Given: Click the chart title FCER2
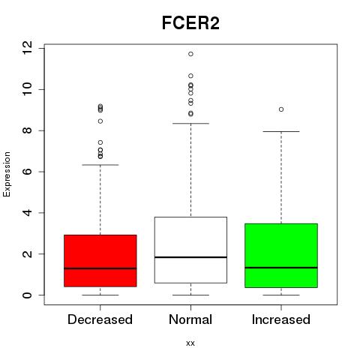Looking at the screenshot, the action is [190, 23].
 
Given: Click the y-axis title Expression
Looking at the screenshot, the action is [7, 174].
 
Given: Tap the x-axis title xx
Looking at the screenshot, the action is [190, 343].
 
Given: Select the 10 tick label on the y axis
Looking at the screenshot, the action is [28, 89].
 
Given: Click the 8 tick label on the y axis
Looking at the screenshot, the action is [28, 130].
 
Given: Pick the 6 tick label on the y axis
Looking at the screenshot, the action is [28, 172].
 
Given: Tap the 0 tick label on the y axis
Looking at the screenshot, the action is [28, 295].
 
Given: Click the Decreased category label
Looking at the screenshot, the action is [100, 319].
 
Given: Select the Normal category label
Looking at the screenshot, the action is [190, 319].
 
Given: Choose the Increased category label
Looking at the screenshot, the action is [281, 319].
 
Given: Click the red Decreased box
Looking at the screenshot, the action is [100, 261].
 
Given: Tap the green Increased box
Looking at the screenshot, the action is [281, 256].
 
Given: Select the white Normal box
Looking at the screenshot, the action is [190, 250].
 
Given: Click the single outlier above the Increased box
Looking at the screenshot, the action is [281, 109].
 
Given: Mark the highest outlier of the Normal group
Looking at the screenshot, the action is [190, 54].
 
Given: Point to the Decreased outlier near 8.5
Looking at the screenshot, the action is [100, 121].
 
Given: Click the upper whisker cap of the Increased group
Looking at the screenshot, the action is [281, 131].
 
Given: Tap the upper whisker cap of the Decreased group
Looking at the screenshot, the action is [100, 165].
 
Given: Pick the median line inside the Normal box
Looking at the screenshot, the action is [190, 257].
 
